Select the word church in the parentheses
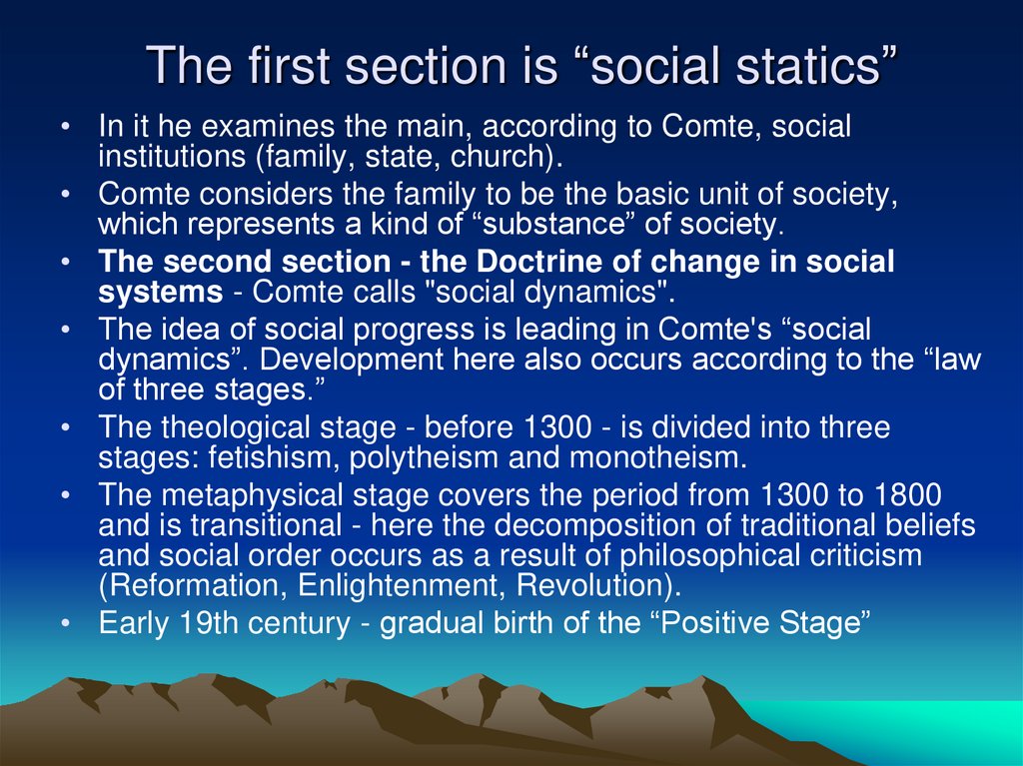[x=508, y=157]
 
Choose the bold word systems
[x=160, y=293]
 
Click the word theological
[x=236, y=429]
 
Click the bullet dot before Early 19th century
[x=65, y=624]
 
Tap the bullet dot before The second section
[x=65, y=264]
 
